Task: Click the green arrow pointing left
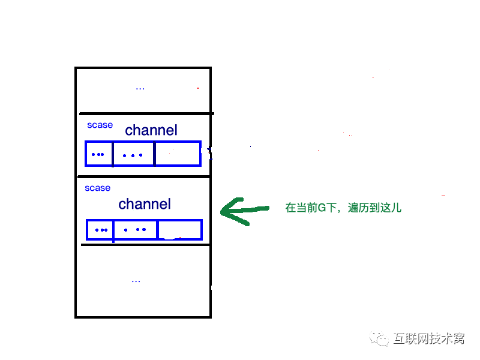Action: pyautogui.click(x=242, y=211)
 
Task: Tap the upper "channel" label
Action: pyautogui.click(x=151, y=130)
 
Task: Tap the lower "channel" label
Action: pyautogui.click(x=145, y=204)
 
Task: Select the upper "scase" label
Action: pyautogui.click(x=100, y=125)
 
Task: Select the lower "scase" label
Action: pyautogui.click(x=97, y=188)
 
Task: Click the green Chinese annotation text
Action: pyautogui.click(x=343, y=208)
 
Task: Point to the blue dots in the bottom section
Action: pyautogui.click(x=136, y=281)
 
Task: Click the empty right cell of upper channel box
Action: pyautogui.click(x=178, y=154)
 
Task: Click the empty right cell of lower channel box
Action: pyautogui.click(x=179, y=230)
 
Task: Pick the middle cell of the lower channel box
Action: pyautogui.click(x=135, y=230)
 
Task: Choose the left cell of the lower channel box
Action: pyautogui.click(x=100, y=230)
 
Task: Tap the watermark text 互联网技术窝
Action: pyautogui.click(x=428, y=339)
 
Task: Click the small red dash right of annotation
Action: pyautogui.click(x=443, y=196)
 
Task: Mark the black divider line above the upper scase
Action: pyautogui.click(x=145, y=113)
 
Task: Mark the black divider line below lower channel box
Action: pyautogui.click(x=145, y=244)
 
